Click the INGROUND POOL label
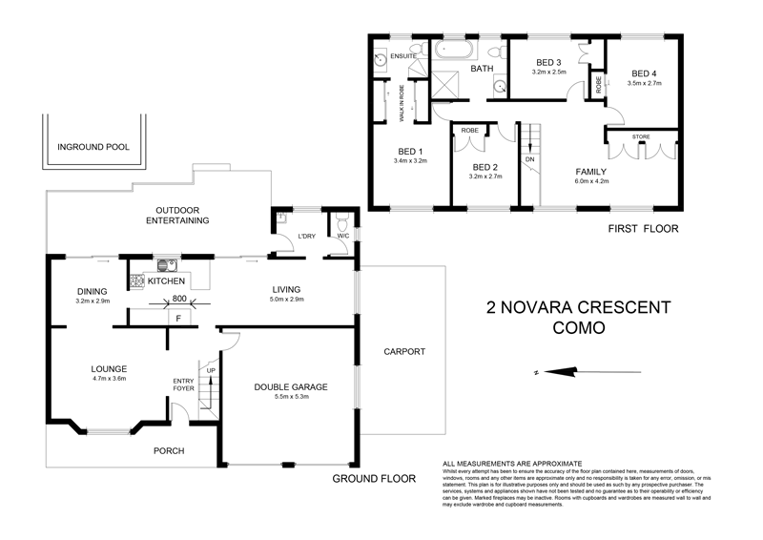pyautogui.click(x=93, y=148)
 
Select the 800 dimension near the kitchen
pyautogui.click(x=178, y=299)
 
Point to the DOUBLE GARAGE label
pyautogui.click(x=291, y=386)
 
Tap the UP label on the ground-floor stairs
pyautogui.click(x=210, y=368)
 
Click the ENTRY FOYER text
pyautogui.click(x=183, y=384)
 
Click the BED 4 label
pyautogui.click(x=644, y=73)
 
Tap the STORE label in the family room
pyautogui.click(x=642, y=135)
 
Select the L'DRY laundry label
pyautogui.click(x=307, y=235)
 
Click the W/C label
pyautogui.click(x=340, y=235)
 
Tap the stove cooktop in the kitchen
pyautogui.click(x=135, y=281)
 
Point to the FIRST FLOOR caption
pyautogui.click(x=642, y=229)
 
